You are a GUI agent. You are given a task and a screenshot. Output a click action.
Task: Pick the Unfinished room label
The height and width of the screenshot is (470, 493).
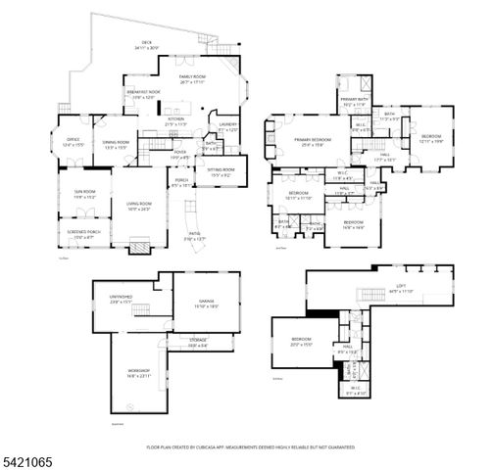(x=121, y=299)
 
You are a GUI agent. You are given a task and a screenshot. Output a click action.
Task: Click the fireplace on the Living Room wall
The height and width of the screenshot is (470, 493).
(x=139, y=249)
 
